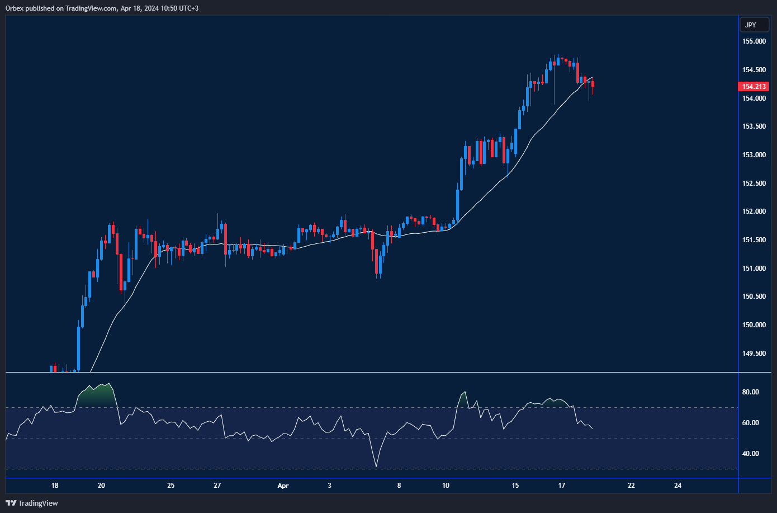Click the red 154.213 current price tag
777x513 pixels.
754,87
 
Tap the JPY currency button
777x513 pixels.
751,25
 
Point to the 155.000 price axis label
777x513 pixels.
754,41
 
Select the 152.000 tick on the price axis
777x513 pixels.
754,211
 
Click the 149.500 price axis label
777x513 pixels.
754,354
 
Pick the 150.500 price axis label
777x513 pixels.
754,296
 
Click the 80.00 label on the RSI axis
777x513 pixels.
750,392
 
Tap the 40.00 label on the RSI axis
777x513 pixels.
750,454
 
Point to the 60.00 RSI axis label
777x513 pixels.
750,423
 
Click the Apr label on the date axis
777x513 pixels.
283,486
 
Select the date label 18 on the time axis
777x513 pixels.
55,486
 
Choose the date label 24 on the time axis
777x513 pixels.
677,486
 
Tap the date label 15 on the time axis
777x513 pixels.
515,486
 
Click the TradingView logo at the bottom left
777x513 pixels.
32,503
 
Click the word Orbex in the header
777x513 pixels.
14,8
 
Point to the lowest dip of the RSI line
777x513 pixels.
376,467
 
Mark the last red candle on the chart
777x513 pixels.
593,84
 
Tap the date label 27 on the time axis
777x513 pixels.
217,486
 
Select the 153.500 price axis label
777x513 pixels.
754,126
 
